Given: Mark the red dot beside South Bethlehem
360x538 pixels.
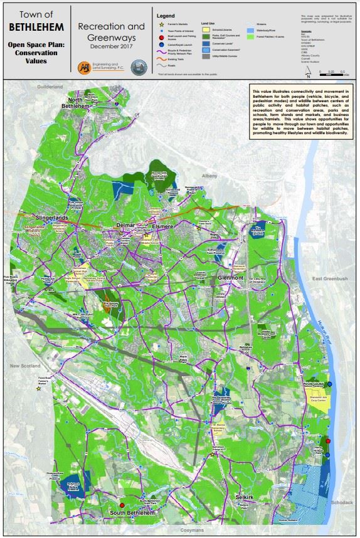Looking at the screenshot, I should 122,505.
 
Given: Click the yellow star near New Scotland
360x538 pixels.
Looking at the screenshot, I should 38,389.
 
